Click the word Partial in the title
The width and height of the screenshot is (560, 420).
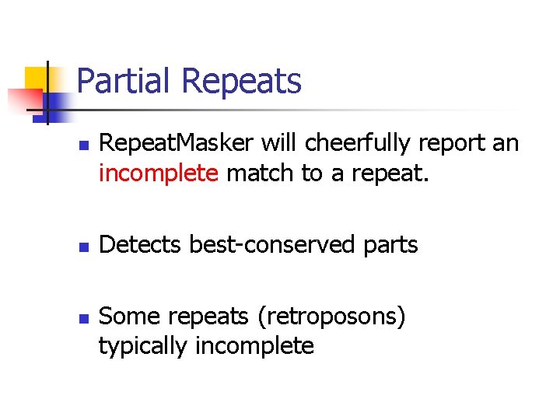tap(124, 82)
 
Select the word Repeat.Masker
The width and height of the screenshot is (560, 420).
tap(177, 144)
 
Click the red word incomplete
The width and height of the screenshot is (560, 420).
tap(158, 173)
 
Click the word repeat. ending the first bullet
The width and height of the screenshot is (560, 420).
tap(388, 174)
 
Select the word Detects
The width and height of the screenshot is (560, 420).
tap(142, 245)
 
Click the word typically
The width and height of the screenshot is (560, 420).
tap(143, 347)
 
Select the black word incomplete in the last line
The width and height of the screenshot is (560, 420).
tap(254, 347)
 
